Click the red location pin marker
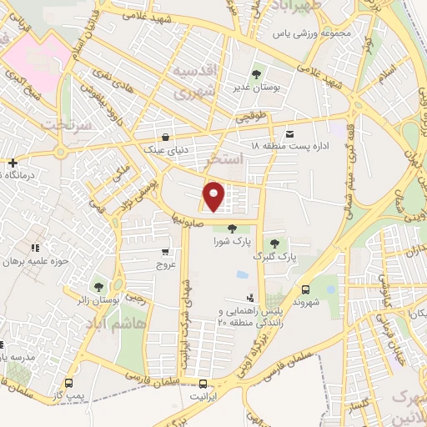tap(215, 196)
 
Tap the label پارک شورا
tap(231, 241)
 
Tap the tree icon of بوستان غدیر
tap(256, 71)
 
